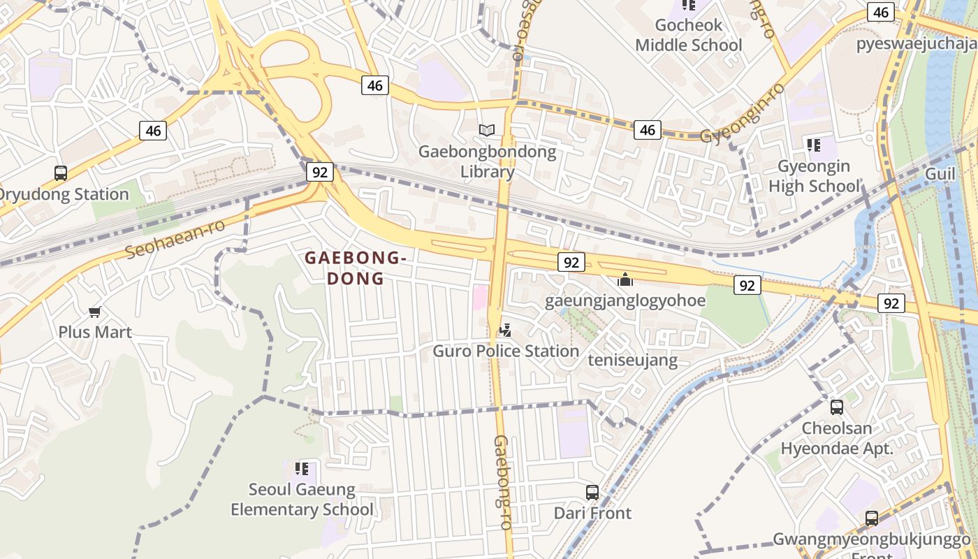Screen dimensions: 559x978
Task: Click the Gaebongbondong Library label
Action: [x=487, y=161]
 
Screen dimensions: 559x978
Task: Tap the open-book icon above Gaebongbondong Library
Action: [x=487, y=130]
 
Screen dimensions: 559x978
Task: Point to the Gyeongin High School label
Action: [x=815, y=176]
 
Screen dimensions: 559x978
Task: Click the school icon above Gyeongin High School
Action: [x=814, y=145]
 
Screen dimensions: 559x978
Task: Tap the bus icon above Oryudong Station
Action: [x=61, y=173]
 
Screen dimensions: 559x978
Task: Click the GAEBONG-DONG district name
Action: [x=355, y=268]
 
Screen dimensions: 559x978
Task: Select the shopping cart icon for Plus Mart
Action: [x=94, y=312]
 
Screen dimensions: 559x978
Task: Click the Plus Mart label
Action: [x=95, y=332]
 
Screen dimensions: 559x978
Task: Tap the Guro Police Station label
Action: [x=506, y=351]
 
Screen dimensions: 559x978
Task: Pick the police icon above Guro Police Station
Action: [x=505, y=330]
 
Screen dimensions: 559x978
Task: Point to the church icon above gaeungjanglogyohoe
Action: [x=625, y=279]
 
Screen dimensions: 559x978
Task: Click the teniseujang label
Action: [x=633, y=361]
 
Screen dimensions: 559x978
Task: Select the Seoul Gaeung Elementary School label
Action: [x=302, y=500]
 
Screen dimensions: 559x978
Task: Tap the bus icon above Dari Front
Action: [x=592, y=492]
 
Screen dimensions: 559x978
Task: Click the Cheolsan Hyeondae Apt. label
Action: [x=837, y=438]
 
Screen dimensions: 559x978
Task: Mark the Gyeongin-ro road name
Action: [x=743, y=114]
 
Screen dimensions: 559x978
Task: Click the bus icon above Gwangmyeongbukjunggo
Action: [x=872, y=518]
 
